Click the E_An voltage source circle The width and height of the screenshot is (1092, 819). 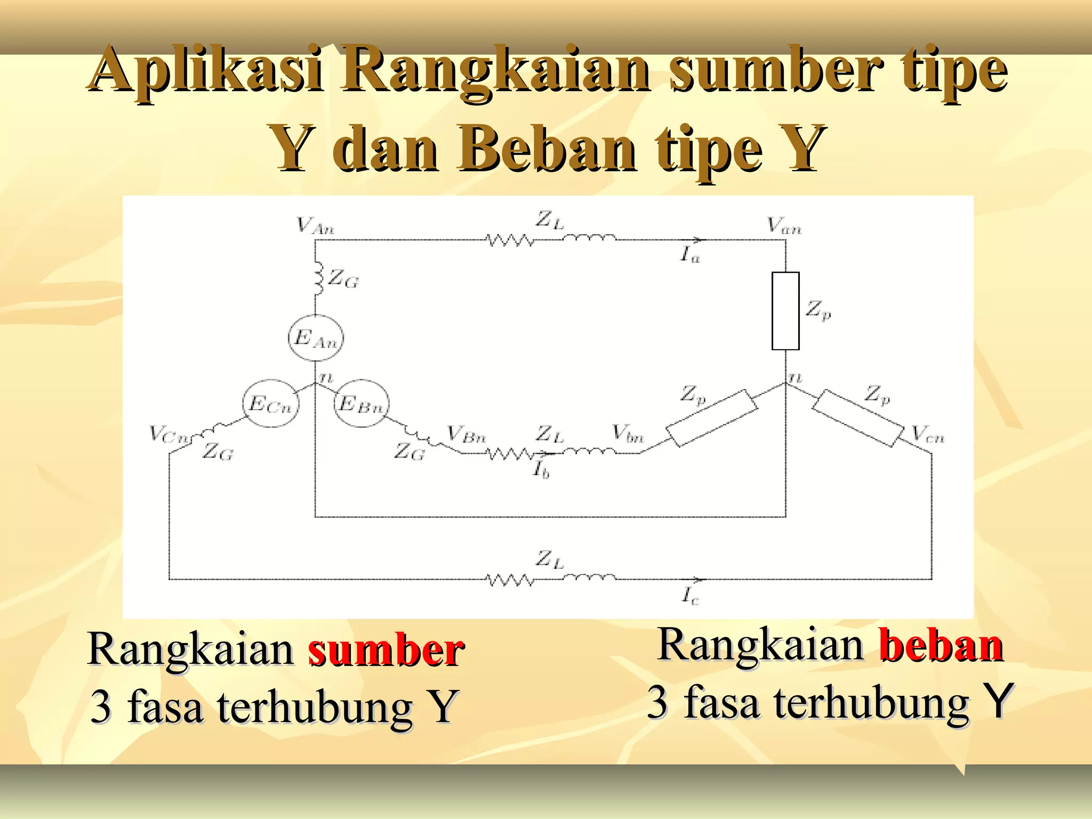(316, 338)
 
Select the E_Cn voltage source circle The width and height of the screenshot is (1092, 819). (270, 404)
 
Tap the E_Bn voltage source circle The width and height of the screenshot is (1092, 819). (361, 404)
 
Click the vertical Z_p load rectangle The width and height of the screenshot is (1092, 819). (785, 311)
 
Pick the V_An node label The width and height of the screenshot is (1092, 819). (315, 226)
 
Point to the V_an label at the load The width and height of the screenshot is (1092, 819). (784, 226)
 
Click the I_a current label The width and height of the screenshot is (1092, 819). (689, 255)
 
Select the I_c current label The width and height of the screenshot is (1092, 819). (690, 595)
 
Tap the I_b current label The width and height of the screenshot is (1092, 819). (541, 469)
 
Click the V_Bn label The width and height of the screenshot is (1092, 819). (466, 435)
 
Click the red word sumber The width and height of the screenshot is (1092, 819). (386, 650)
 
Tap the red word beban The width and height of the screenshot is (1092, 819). (941, 645)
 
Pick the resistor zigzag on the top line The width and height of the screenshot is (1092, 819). (510, 240)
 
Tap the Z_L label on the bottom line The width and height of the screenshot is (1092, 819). (549, 560)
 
